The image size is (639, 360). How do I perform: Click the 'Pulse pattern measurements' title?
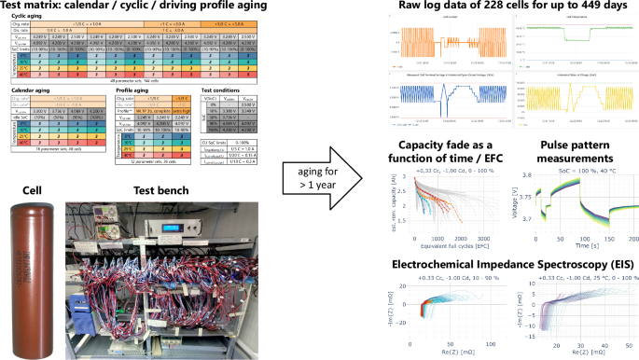[570, 153]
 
